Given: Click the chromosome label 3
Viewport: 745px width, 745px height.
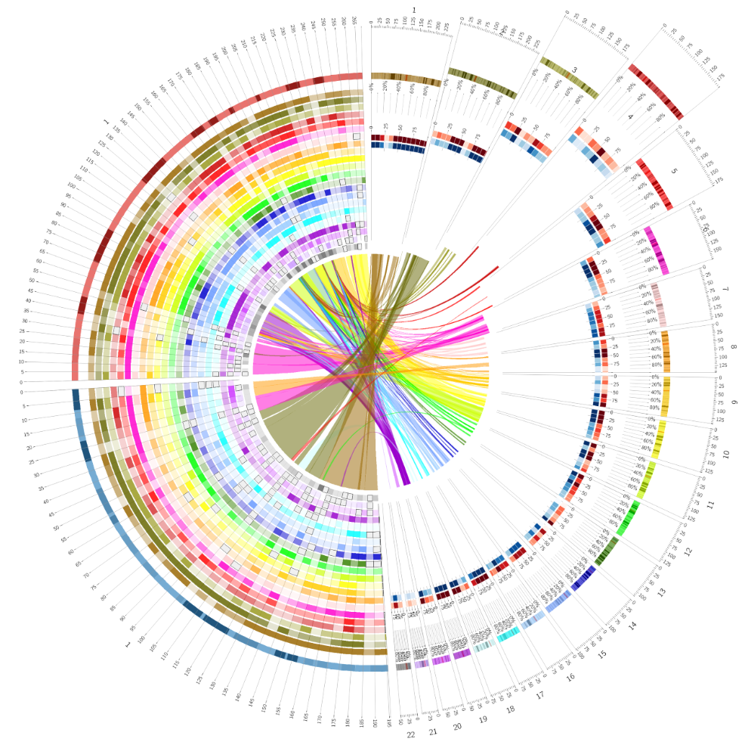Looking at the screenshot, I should [574, 70].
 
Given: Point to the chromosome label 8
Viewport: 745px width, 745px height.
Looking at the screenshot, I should [733, 347].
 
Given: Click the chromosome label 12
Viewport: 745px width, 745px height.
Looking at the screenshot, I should [688, 552].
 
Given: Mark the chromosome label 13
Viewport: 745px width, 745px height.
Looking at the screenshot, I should [662, 592].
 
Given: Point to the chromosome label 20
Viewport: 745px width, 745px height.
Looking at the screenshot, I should [457, 726].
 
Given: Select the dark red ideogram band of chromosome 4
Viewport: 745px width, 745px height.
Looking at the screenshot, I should [656, 93].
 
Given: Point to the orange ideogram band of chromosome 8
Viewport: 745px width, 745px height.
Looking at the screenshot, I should [665, 349].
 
